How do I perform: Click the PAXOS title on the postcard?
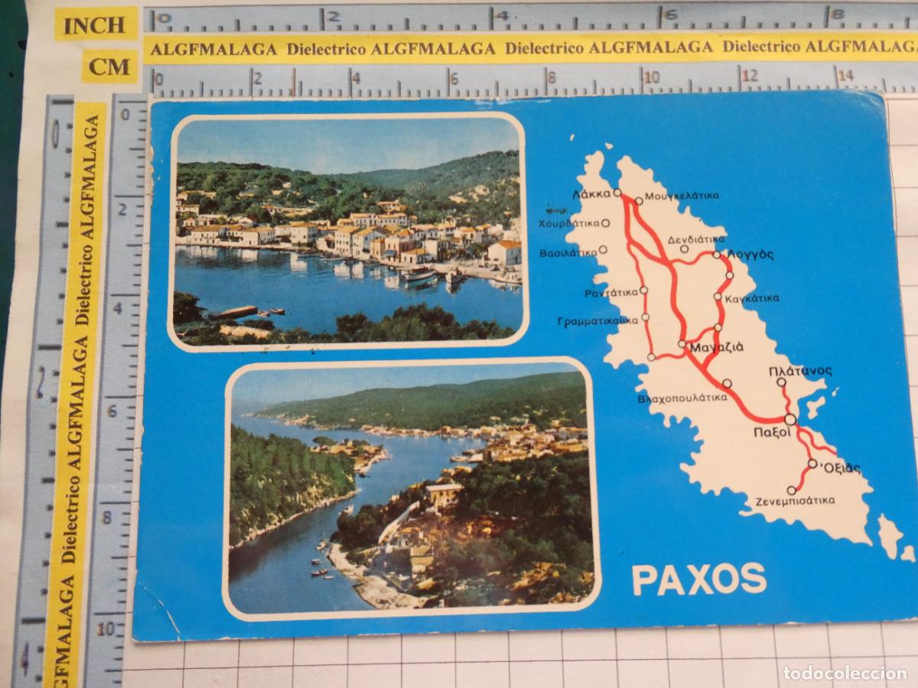698,578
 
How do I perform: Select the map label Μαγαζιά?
717,349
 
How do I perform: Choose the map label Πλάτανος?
800,371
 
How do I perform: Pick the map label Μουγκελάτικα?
681,196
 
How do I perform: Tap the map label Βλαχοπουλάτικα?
682,398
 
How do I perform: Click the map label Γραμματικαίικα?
597,320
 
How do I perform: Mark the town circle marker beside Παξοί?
789,419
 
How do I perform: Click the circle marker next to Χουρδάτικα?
605,224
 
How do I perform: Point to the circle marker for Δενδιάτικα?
685,248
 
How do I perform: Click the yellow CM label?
109,67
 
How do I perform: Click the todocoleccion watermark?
845,673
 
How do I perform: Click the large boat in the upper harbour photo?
419,274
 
